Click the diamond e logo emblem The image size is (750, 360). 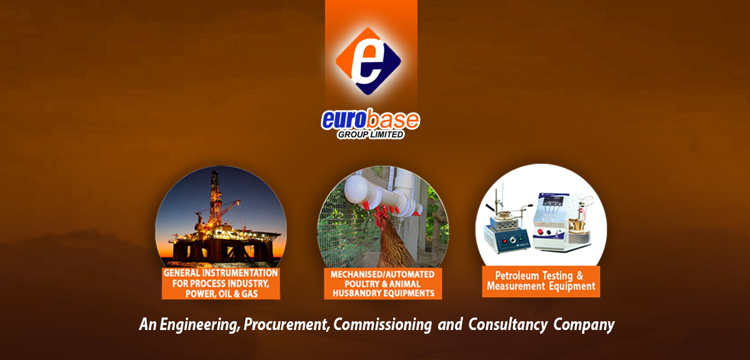coord(368,61)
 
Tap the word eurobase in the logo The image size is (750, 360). coord(370,119)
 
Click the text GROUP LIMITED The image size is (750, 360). coord(370,134)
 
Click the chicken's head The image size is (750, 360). coord(381,219)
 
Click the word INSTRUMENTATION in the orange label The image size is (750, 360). coord(239,273)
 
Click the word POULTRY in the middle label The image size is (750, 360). coord(361,284)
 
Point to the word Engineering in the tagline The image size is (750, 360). coord(199,324)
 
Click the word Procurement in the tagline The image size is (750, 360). coord(287,324)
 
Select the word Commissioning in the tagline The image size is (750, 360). coord(382,324)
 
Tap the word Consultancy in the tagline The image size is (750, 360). coord(507,324)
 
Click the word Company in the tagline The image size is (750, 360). coord(584,325)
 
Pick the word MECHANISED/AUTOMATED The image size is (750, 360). coord(382,274)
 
